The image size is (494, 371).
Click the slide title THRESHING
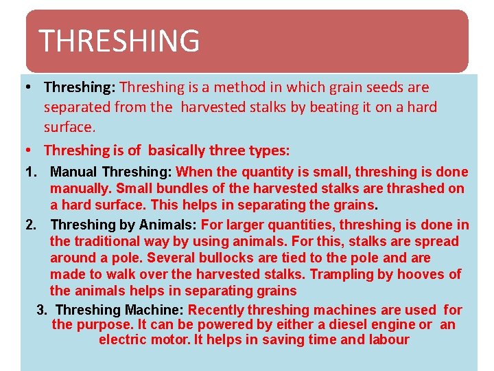[119, 41]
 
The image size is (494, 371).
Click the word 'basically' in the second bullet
[176, 150]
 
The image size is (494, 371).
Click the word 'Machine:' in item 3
[155, 310]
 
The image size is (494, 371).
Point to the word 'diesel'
[356, 324]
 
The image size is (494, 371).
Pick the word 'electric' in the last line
[124, 339]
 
